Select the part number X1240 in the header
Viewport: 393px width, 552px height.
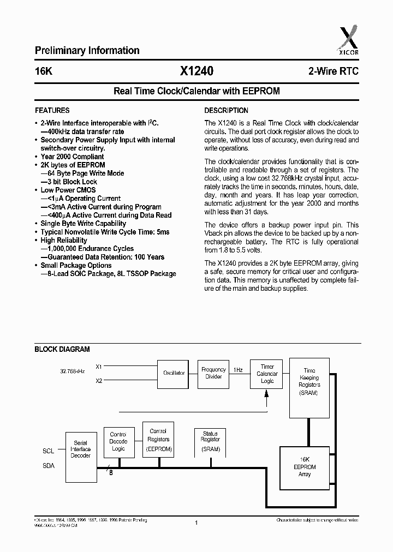tap(196, 71)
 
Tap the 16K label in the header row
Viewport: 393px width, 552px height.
tap(44, 72)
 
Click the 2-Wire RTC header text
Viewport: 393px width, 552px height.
tap(333, 72)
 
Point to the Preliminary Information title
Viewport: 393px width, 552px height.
tap(87, 51)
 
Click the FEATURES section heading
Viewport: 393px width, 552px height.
tap(52, 110)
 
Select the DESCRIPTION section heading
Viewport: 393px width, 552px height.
tap(226, 110)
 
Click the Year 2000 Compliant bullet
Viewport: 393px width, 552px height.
tap(72, 157)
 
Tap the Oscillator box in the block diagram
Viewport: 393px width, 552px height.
tap(174, 373)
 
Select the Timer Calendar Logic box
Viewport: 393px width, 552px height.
tap(267, 374)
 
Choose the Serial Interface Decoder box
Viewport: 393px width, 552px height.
tap(81, 449)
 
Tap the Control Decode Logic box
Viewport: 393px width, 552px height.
tap(118, 442)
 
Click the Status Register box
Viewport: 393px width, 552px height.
tap(210, 441)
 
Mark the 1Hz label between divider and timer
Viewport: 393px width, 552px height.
tap(238, 370)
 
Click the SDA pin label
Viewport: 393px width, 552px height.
tap(49, 465)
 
